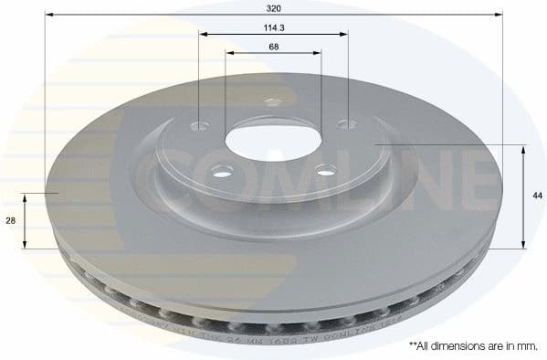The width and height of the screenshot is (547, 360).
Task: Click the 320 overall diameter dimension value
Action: tap(273, 6)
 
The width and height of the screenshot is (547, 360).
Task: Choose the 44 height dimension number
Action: tap(537, 196)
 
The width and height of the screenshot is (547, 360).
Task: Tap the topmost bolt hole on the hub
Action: tap(271, 102)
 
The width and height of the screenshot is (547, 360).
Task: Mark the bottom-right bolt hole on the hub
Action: tap(322, 168)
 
